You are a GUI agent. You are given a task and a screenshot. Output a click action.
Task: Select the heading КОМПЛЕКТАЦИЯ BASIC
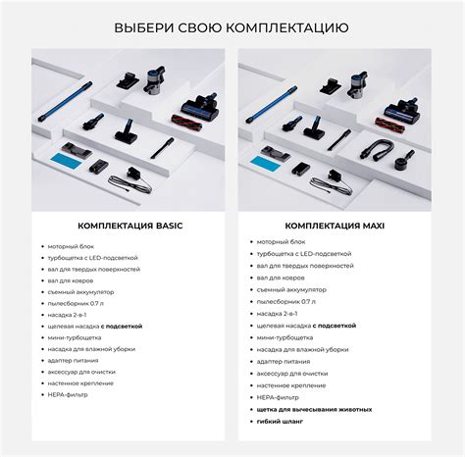coord(130,226)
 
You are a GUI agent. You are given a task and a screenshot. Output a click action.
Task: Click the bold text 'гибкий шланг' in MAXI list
coord(280,421)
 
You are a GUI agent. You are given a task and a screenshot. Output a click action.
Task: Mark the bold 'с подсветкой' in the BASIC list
coord(121,326)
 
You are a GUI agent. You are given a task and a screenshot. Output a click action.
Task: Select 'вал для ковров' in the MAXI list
coord(279,278)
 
